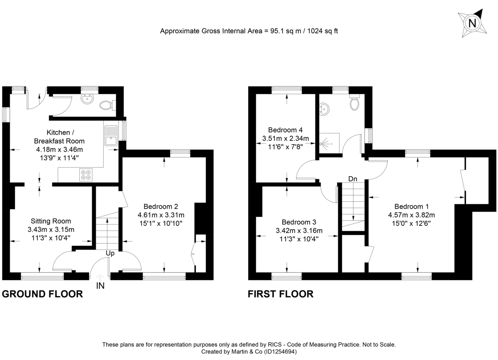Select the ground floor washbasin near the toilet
click(88, 100)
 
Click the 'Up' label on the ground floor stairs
click(110, 253)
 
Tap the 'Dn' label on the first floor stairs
click(353, 179)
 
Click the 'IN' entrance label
click(100, 286)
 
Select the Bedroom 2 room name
click(161, 206)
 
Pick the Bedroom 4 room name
click(286, 130)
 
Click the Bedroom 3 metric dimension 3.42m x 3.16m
click(298, 231)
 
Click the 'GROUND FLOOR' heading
click(42, 294)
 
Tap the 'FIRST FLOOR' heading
click(281, 294)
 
